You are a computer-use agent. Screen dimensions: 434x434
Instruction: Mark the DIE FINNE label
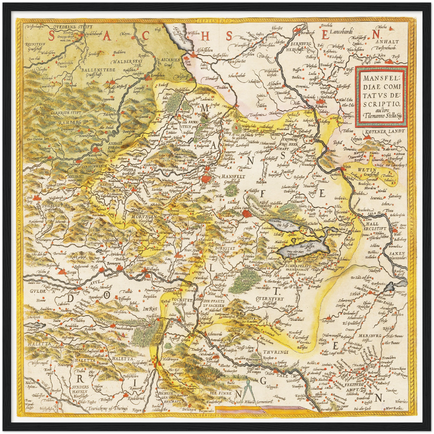(x=221, y=393)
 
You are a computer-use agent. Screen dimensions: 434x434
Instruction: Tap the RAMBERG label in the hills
(x=70, y=123)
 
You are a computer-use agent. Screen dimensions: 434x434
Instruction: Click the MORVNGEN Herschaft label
(x=142, y=218)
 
